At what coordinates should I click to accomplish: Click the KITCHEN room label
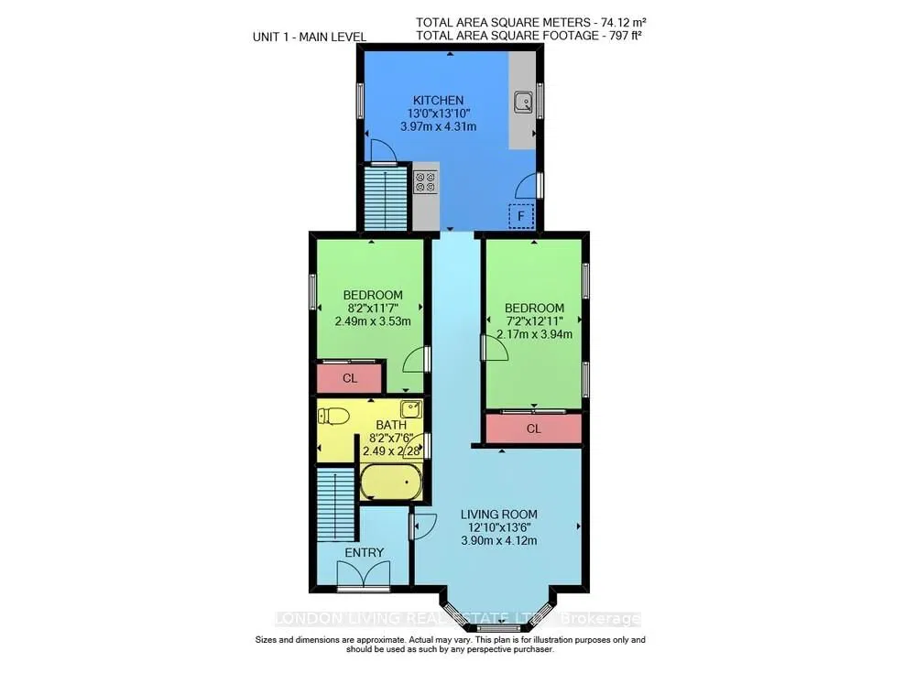(438, 100)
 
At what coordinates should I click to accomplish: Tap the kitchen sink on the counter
(523, 102)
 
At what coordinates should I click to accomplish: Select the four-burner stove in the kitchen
(425, 181)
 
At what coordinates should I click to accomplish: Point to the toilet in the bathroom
(333, 416)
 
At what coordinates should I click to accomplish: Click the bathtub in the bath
(391, 482)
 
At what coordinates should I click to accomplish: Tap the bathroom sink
(410, 409)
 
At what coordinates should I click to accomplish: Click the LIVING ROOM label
(499, 514)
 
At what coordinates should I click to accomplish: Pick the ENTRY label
(364, 552)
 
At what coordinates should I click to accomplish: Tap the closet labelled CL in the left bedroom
(349, 378)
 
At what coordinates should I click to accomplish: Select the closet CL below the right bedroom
(533, 429)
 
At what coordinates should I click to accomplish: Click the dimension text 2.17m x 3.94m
(534, 334)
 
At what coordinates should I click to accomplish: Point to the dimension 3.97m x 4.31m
(438, 126)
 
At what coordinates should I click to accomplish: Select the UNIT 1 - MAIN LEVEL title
(309, 37)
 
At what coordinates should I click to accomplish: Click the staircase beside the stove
(386, 199)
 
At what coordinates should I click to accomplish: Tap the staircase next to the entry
(336, 505)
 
